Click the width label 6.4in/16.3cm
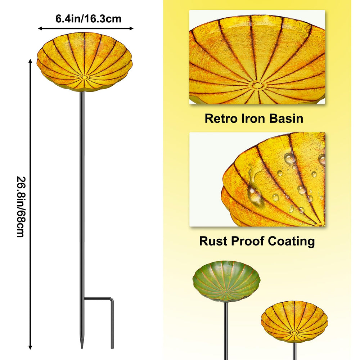tap(89, 19)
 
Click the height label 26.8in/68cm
tap(21, 207)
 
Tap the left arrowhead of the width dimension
tap(40, 28)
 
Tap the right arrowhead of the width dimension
tap(131, 28)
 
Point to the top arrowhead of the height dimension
tap(30, 61)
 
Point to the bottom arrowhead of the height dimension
tap(30, 347)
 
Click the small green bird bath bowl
tap(226, 282)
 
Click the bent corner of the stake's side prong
tap(111, 299)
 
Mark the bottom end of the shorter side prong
tap(112, 347)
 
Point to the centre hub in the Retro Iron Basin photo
tap(257, 85)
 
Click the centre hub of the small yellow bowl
tap(294, 332)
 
